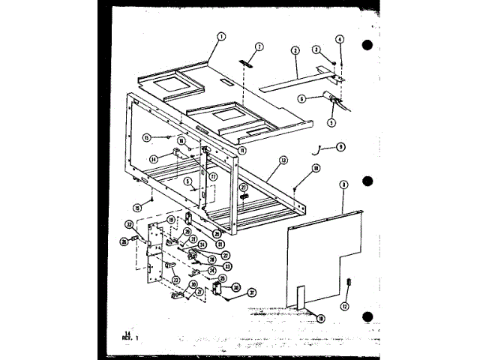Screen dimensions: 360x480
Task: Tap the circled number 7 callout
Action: (x=259, y=46)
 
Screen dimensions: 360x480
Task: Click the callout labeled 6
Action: (x=301, y=97)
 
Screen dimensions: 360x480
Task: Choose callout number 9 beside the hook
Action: (x=340, y=147)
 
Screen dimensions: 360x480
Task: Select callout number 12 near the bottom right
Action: (x=345, y=305)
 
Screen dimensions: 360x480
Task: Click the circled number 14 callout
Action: (x=154, y=158)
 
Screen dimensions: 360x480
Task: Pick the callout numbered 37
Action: (x=253, y=292)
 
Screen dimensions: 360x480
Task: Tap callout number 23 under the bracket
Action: (x=176, y=280)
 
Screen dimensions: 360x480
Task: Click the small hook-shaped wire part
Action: (x=320, y=150)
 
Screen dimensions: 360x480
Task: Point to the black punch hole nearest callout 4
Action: (x=367, y=43)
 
